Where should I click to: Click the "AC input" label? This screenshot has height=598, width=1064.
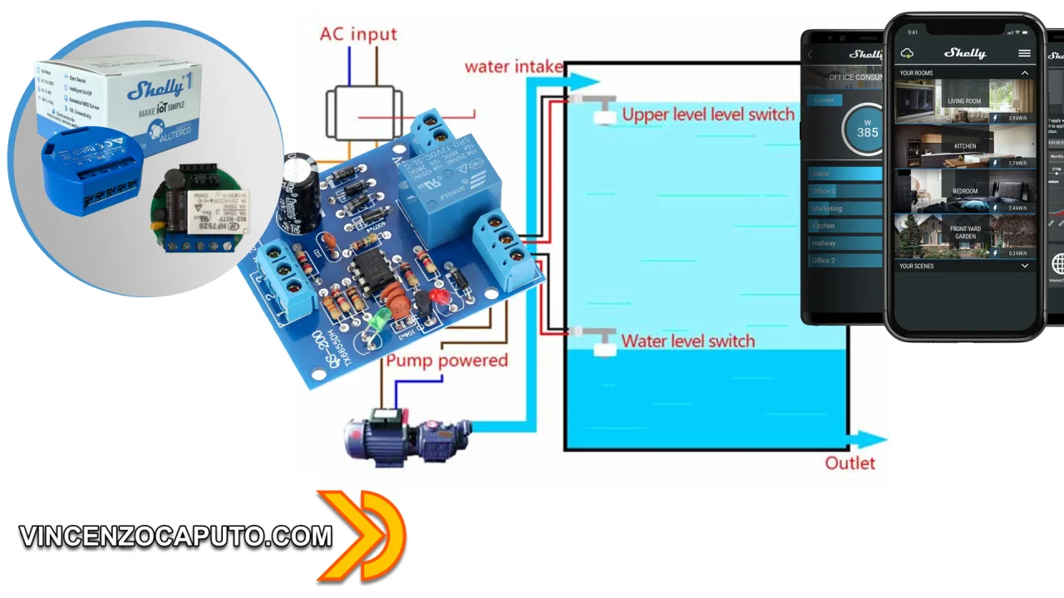click(358, 35)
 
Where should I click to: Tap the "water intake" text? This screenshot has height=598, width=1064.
click(513, 66)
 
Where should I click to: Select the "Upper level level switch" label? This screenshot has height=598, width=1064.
click(708, 115)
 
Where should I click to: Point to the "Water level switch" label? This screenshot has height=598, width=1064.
click(687, 341)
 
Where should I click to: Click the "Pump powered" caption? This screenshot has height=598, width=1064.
click(446, 360)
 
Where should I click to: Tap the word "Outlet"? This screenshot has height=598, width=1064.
click(850, 463)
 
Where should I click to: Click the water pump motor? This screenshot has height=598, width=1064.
click(407, 437)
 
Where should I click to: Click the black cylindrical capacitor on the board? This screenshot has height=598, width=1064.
click(302, 191)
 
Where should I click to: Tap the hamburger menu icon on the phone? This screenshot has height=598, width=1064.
click(1024, 53)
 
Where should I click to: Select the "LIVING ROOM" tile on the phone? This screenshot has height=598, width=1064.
click(964, 100)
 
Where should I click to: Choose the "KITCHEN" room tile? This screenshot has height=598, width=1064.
click(964, 146)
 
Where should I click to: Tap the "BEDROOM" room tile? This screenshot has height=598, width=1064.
click(964, 191)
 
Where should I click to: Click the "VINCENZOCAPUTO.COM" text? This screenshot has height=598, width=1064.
click(175, 537)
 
